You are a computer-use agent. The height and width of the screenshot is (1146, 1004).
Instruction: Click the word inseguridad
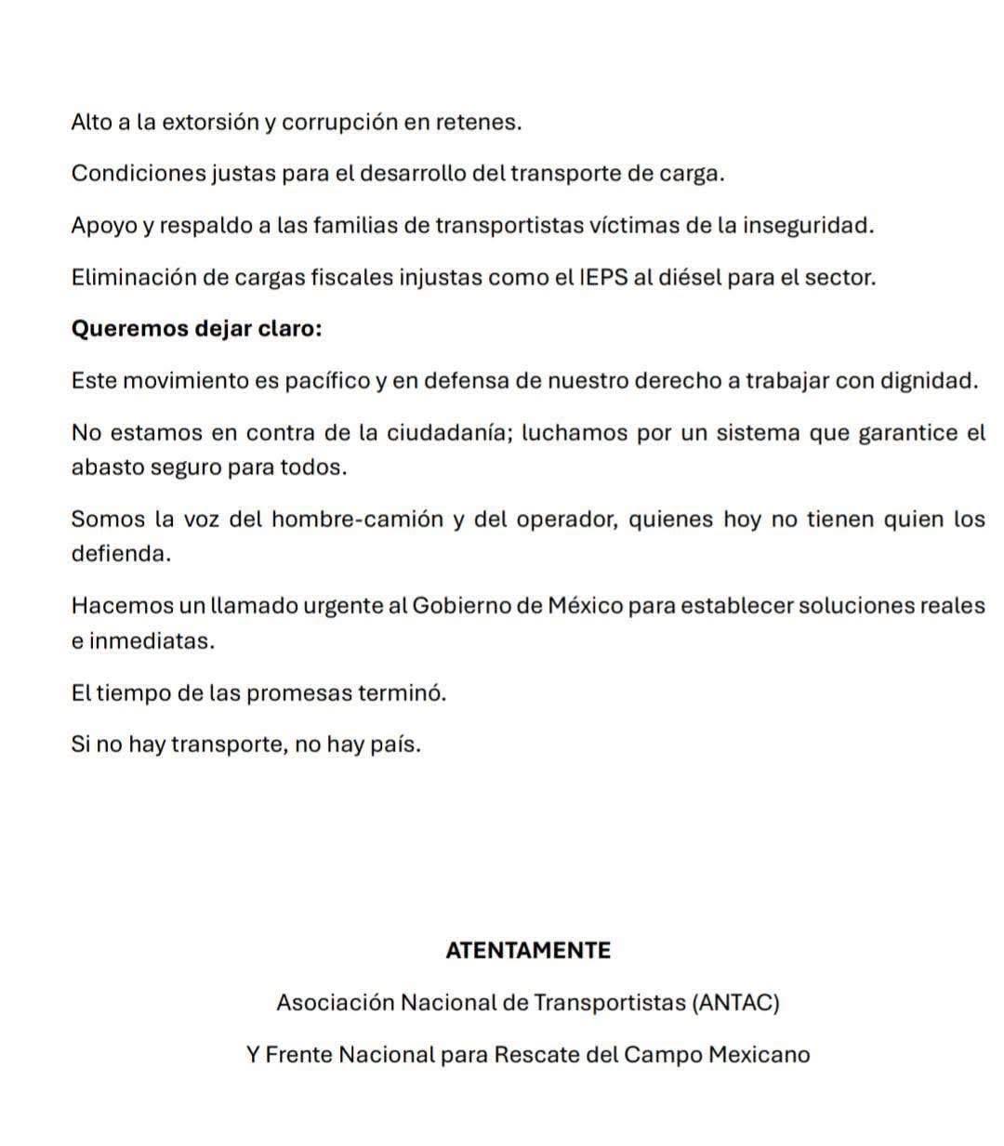click(x=808, y=226)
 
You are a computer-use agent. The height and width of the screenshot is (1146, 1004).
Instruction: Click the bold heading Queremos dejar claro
click(x=196, y=329)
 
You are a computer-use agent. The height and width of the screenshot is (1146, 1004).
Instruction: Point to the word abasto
click(x=103, y=468)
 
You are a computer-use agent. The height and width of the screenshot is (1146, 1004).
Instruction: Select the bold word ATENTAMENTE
click(x=528, y=951)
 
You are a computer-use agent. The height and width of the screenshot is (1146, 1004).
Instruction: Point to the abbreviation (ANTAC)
click(x=735, y=1003)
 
